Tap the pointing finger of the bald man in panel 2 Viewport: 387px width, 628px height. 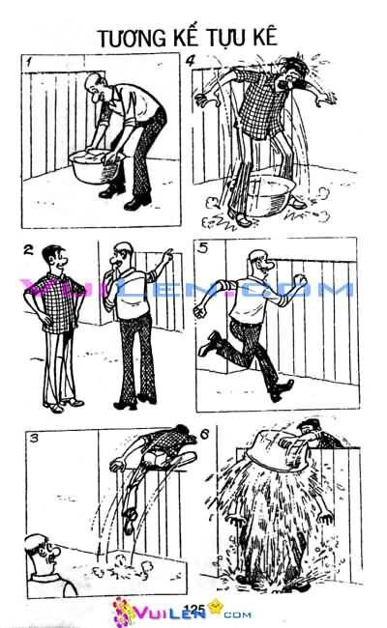171,253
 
